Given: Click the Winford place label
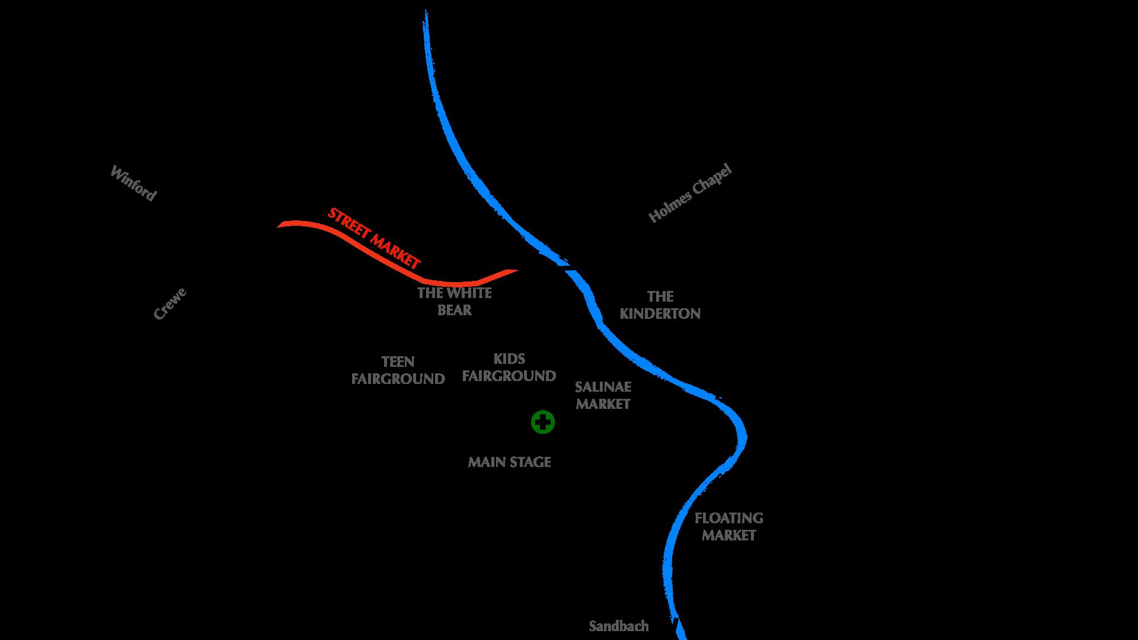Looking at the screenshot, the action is click(x=133, y=183).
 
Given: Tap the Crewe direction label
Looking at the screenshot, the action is click(x=170, y=303).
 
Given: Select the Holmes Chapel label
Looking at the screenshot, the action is click(x=691, y=193).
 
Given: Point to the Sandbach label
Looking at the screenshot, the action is click(x=619, y=626).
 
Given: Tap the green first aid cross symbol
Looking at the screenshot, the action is click(x=543, y=423).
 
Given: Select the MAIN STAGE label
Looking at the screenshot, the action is click(x=509, y=462).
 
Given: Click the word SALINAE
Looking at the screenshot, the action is click(x=603, y=388).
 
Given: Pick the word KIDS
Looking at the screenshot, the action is click(x=509, y=359).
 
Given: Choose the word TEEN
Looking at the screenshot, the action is click(x=398, y=362).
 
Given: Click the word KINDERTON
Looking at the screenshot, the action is click(x=660, y=314).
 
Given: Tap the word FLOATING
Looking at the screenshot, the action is click(x=728, y=519).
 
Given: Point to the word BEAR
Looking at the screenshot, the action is click(x=455, y=311).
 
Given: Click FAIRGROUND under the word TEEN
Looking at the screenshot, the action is click(x=398, y=379).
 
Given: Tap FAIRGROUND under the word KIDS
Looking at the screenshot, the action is click(x=509, y=376).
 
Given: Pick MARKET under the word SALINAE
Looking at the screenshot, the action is click(x=603, y=405).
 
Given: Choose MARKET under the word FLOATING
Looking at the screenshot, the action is click(x=728, y=536).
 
